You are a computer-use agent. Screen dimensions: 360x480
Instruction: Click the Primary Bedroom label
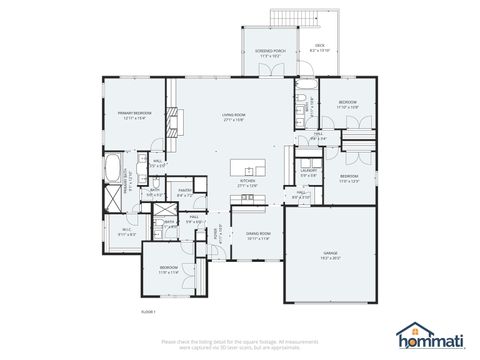134,115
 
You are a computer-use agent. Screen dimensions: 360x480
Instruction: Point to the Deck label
321,46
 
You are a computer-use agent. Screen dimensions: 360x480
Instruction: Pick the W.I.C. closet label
127,232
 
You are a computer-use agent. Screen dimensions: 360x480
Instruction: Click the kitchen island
249,166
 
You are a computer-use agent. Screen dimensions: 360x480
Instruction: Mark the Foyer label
215,237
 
